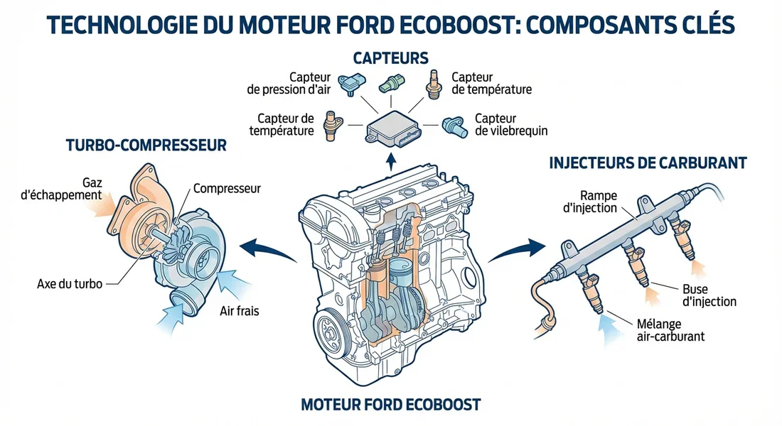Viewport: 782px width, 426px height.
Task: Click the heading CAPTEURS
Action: pos(390,56)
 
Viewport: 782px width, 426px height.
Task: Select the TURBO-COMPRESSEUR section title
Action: pos(146,146)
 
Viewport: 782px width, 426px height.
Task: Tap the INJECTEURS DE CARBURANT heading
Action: pos(648,163)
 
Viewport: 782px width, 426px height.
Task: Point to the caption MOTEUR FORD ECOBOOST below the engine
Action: pos(391,405)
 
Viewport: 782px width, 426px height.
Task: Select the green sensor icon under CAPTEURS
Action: pos(391,83)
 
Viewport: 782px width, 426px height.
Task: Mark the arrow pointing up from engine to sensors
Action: pos(390,160)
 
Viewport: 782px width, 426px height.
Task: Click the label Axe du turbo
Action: pos(69,284)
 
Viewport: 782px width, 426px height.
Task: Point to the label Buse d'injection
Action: pos(708,295)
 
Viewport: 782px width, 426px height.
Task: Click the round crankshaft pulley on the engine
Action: pos(328,328)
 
